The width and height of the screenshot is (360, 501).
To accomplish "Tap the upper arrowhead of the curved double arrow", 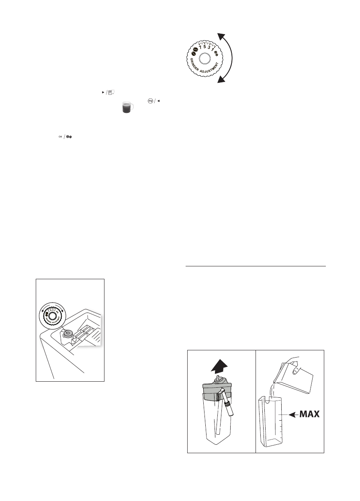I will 220,37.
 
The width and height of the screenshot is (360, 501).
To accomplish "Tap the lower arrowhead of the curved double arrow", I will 220,80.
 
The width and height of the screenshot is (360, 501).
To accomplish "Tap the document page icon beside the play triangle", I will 112,92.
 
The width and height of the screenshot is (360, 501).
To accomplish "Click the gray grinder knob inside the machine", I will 67,333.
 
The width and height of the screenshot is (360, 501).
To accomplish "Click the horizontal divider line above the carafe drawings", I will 256,266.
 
